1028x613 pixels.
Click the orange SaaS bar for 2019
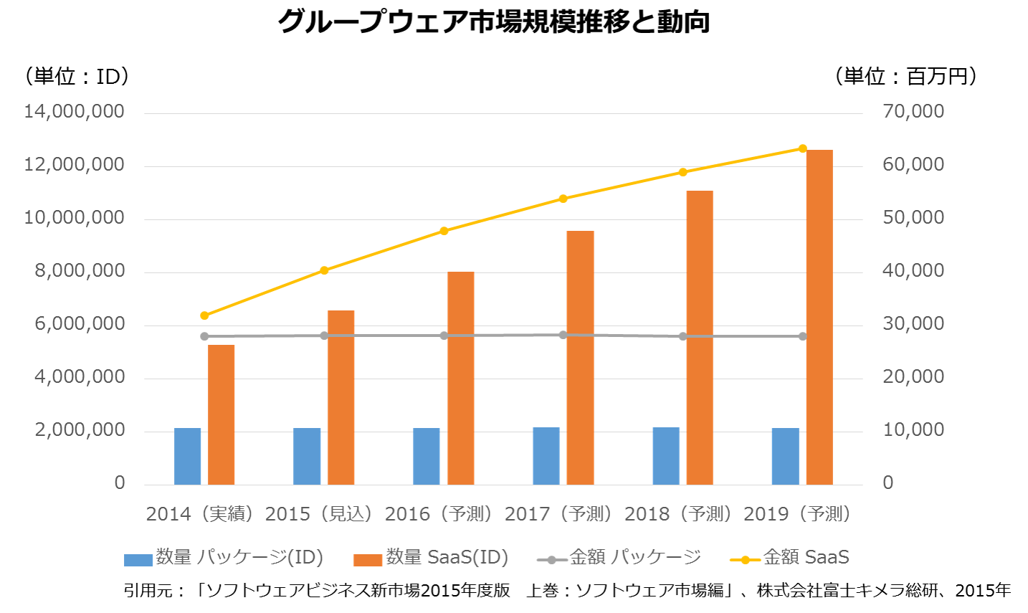(x=819, y=317)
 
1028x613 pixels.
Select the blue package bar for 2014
(x=188, y=456)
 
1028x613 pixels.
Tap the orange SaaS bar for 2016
(x=461, y=378)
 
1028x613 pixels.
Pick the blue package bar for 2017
(x=546, y=456)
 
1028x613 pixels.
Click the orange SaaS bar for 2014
(x=222, y=414)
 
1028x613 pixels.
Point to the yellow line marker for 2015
(x=324, y=270)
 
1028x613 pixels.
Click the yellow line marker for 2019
(x=802, y=148)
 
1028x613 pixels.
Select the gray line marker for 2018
(x=682, y=336)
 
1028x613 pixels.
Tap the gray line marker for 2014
(x=204, y=336)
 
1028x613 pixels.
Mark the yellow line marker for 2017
(x=563, y=199)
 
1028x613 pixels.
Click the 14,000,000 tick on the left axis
(x=74, y=112)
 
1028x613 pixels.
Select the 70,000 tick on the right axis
(x=913, y=112)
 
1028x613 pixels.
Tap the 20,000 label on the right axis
(x=913, y=377)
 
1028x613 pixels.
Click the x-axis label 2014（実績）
(x=200, y=514)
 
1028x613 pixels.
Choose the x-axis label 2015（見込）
(x=320, y=514)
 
